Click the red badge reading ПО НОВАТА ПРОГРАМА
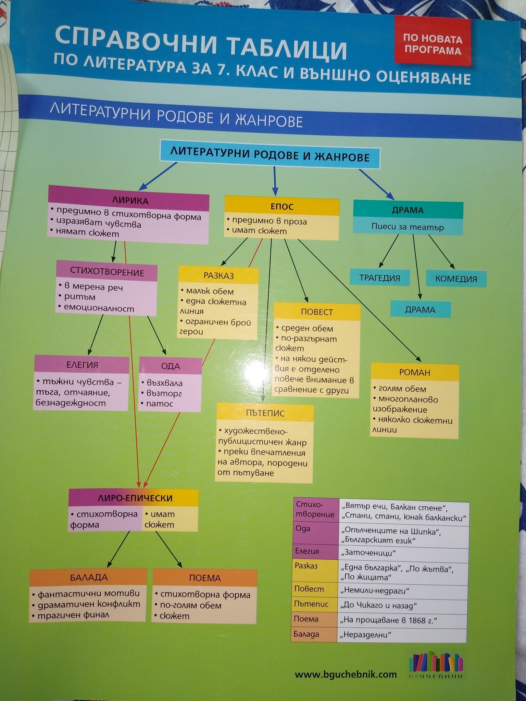click(433, 42)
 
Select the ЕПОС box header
click(282, 206)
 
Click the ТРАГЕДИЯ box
click(379, 278)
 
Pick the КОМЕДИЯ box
click(456, 279)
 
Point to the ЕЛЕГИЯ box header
click(82, 365)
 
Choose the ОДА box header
click(171, 366)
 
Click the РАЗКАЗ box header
click(218, 276)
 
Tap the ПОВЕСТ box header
click(317, 312)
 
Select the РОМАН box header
click(414, 372)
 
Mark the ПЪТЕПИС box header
click(265, 413)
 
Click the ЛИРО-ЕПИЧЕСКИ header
click(134, 498)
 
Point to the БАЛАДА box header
click(88, 577)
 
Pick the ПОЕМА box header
click(205, 578)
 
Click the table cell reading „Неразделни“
click(401, 635)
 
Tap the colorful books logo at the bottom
click(435, 664)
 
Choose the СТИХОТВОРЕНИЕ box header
click(107, 272)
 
